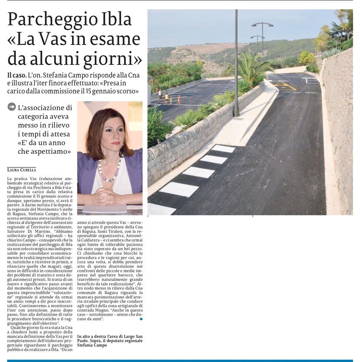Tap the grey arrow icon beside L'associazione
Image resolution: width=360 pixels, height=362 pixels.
(x=12, y=107)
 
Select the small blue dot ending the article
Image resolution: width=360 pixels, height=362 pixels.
(x=141, y=319)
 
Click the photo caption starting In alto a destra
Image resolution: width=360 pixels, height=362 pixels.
(x=110, y=341)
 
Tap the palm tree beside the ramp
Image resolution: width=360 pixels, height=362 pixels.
(x=249, y=68)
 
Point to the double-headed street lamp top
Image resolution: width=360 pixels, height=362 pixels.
(x=262, y=25)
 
